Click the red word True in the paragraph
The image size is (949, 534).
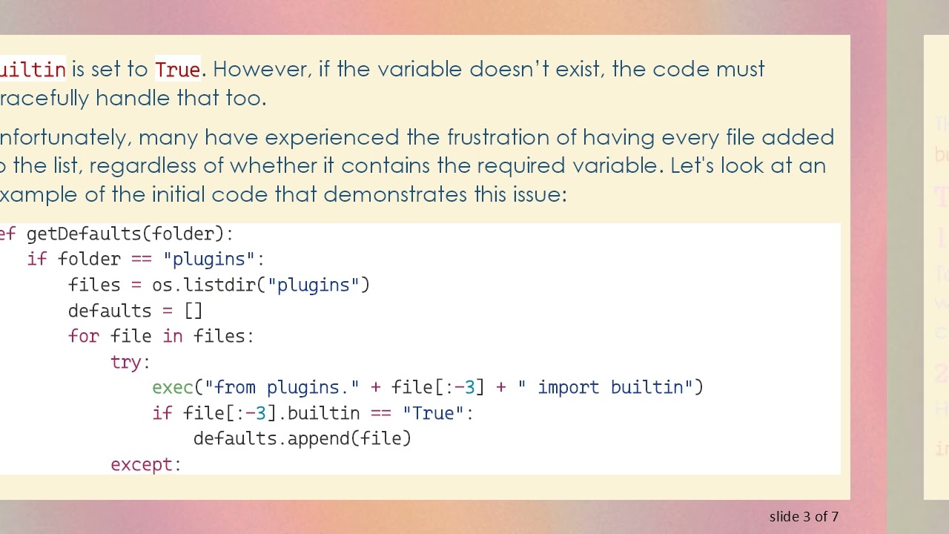point(177,70)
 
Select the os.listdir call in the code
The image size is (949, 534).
point(209,286)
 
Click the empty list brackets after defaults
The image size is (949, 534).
point(193,311)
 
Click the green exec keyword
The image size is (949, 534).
point(173,388)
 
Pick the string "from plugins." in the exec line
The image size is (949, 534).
point(282,388)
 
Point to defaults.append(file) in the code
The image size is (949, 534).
point(302,439)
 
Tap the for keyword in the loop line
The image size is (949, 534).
point(83,337)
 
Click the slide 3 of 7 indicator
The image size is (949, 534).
point(804,517)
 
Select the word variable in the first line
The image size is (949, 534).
point(420,70)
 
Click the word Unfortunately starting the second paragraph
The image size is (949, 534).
point(63,138)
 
